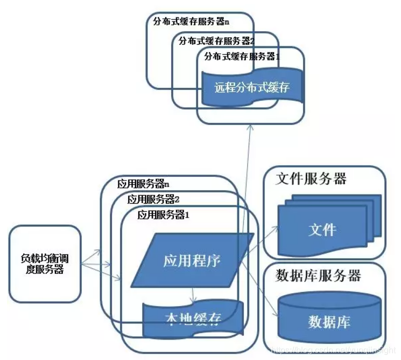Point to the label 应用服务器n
(x=143, y=183)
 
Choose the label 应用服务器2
(x=153, y=199)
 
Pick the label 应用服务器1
(x=164, y=214)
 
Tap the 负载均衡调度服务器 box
(x=45, y=263)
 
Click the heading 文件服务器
(x=311, y=179)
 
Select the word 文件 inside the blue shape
(x=322, y=230)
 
